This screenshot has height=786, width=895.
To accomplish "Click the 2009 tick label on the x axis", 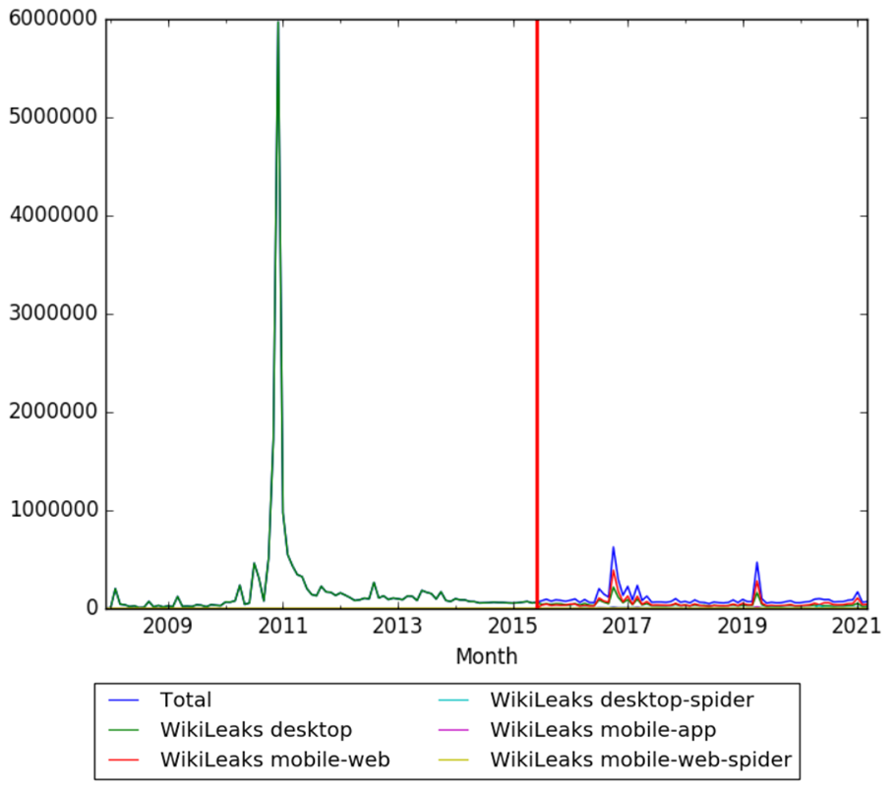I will [x=168, y=627].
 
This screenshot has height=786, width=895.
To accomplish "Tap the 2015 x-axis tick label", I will [x=512, y=627].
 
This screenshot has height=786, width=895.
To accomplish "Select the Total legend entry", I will [x=186, y=701].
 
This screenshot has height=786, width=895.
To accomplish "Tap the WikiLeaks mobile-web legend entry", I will [x=274, y=758].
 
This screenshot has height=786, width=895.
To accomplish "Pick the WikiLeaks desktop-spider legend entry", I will [x=622, y=701].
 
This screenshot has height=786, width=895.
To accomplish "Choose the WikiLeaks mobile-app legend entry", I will [x=602, y=730].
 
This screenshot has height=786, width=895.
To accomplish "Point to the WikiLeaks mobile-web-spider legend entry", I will [x=640, y=758].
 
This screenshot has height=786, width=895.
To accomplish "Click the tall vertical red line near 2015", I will [x=537, y=295].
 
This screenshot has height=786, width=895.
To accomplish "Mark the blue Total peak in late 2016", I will [x=613, y=548].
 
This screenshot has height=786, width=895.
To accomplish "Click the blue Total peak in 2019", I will [x=757, y=563].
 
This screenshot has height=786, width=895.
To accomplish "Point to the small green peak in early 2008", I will [x=115, y=589].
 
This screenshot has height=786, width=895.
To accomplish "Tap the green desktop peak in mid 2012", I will [x=374, y=583].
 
